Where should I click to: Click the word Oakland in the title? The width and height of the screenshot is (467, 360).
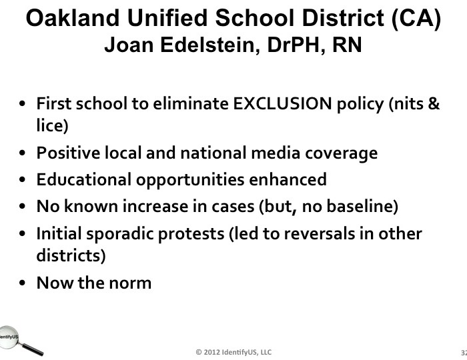click(x=73, y=18)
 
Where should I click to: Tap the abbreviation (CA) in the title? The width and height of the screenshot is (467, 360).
click(x=416, y=19)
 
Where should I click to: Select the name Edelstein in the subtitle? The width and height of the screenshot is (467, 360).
click(x=210, y=45)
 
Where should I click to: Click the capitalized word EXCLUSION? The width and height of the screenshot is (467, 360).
click(x=282, y=103)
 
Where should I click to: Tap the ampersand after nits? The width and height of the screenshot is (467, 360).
click(x=434, y=103)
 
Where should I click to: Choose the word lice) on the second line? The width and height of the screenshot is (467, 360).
click(x=53, y=125)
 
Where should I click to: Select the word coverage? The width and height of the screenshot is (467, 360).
click(x=342, y=154)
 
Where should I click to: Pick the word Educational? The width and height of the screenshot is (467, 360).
click(x=83, y=179)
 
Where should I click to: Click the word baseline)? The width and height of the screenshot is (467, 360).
click(x=362, y=206)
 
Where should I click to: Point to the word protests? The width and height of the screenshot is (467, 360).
click(x=191, y=234)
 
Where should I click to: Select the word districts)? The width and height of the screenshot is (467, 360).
click(x=71, y=255)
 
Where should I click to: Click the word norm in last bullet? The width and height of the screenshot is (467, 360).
click(x=130, y=283)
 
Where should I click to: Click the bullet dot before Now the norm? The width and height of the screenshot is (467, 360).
click(x=22, y=283)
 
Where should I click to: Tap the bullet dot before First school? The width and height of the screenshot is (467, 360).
click(x=22, y=104)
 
